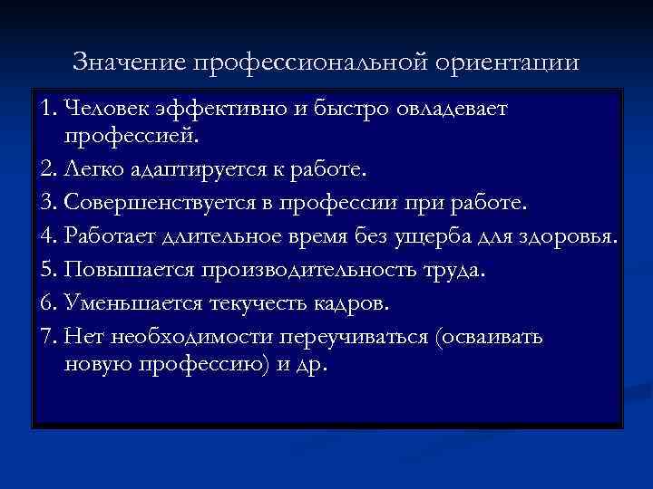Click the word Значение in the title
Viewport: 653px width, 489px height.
pos(129,62)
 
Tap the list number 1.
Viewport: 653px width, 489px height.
pos(48,110)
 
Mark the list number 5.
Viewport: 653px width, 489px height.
pos(49,269)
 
